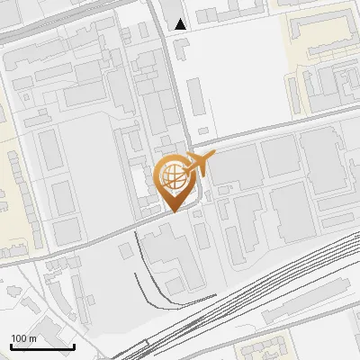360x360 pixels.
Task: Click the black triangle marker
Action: (x=181, y=24)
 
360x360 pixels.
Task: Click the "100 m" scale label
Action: (x=23, y=338)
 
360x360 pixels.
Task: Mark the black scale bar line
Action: (x=41, y=346)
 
